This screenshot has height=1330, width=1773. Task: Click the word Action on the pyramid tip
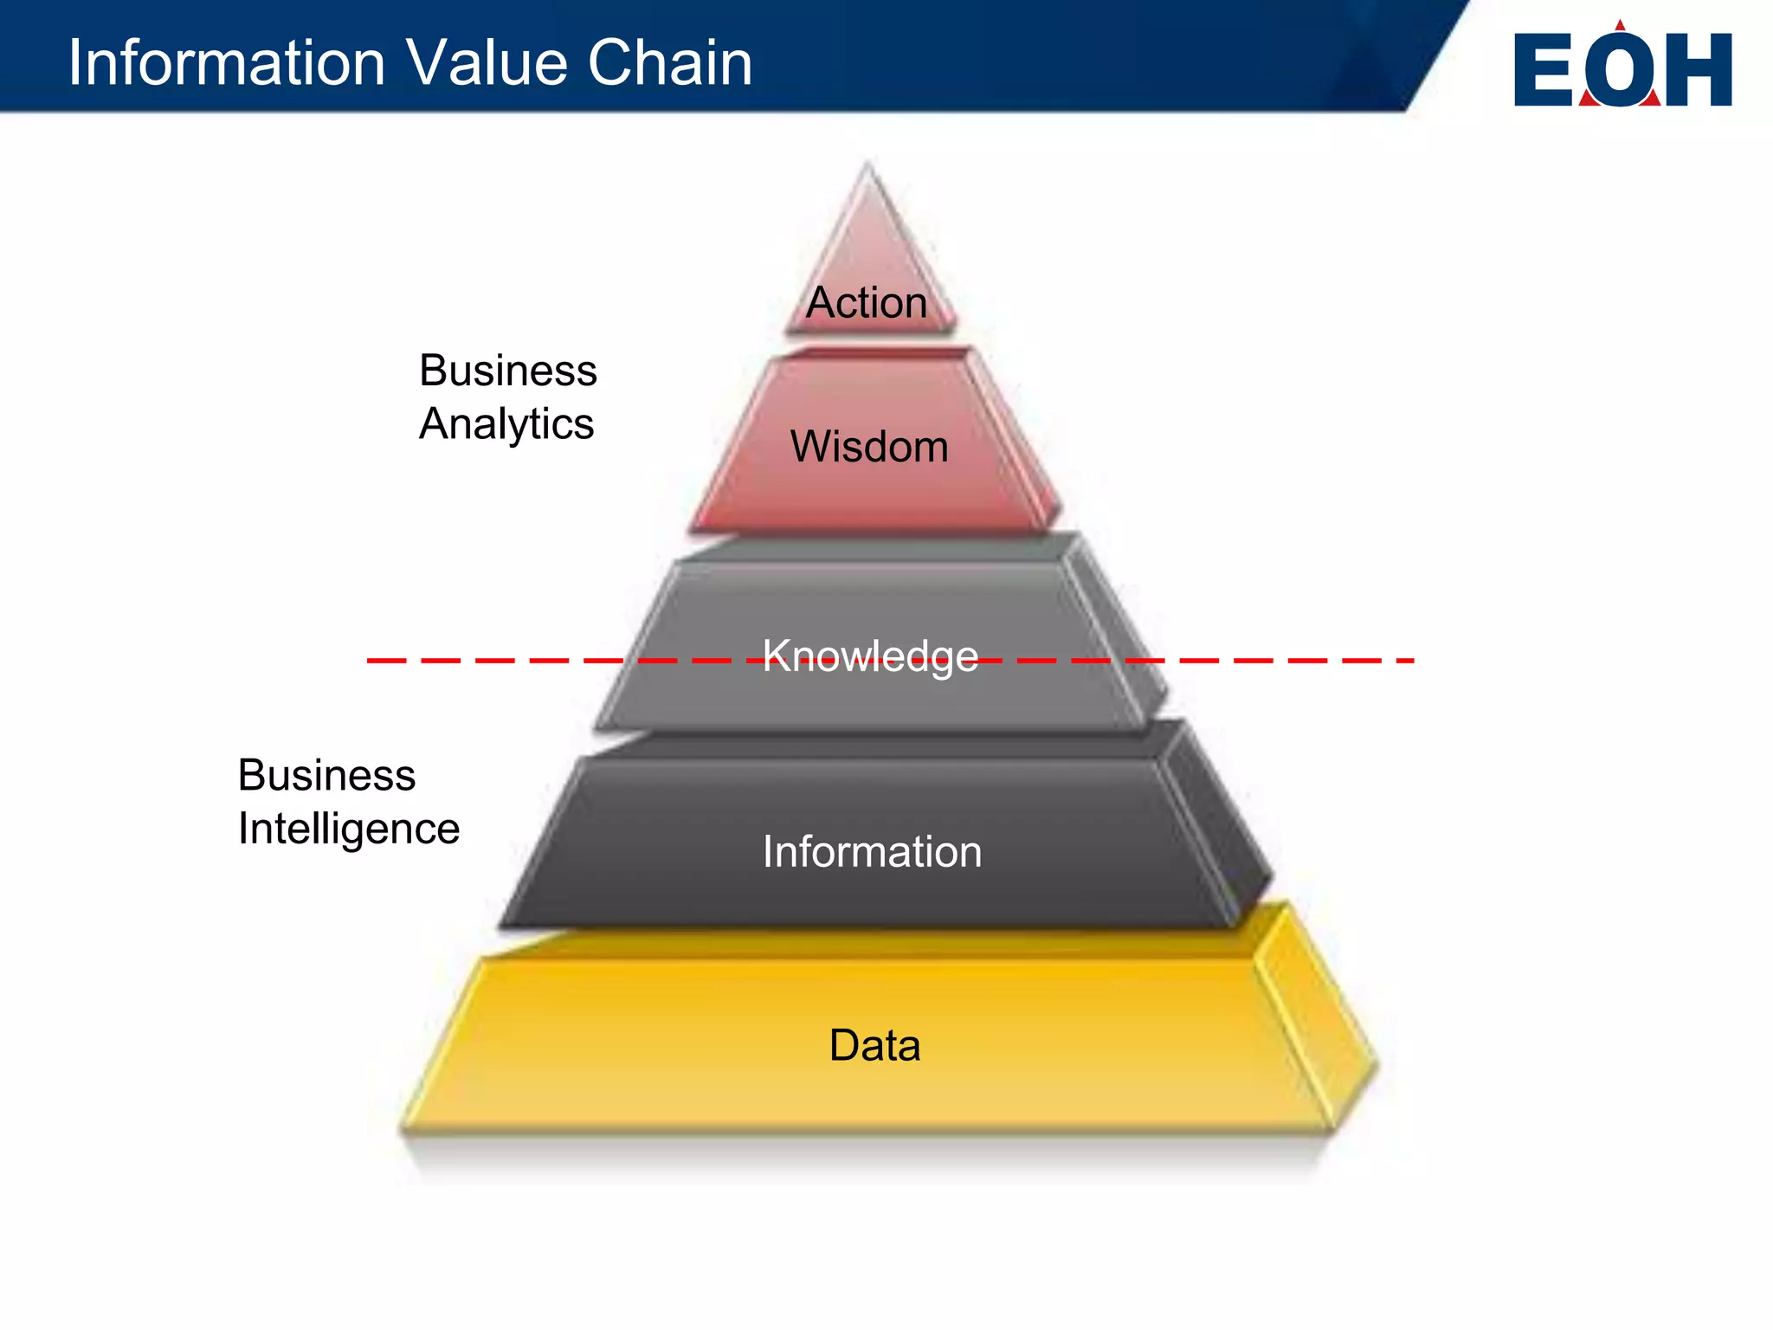(867, 303)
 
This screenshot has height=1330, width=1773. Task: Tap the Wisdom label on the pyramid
(869, 447)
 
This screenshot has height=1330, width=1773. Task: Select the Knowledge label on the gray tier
(870, 655)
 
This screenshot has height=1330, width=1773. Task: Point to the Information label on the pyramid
(872, 851)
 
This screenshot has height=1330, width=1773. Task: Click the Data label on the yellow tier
(874, 1045)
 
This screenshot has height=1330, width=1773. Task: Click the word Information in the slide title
(227, 62)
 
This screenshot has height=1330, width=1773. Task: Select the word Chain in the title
(670, 62)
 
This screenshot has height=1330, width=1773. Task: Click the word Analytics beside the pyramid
(506, 424)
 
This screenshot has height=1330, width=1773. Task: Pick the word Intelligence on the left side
(349, 829)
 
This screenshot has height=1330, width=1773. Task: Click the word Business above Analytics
(508, 371)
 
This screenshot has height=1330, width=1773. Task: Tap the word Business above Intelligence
(327, 775)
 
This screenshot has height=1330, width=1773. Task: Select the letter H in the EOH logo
(1699, 70)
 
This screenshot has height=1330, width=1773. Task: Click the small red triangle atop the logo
(1620, 26)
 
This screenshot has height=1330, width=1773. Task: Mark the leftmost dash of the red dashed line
(386, 661)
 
